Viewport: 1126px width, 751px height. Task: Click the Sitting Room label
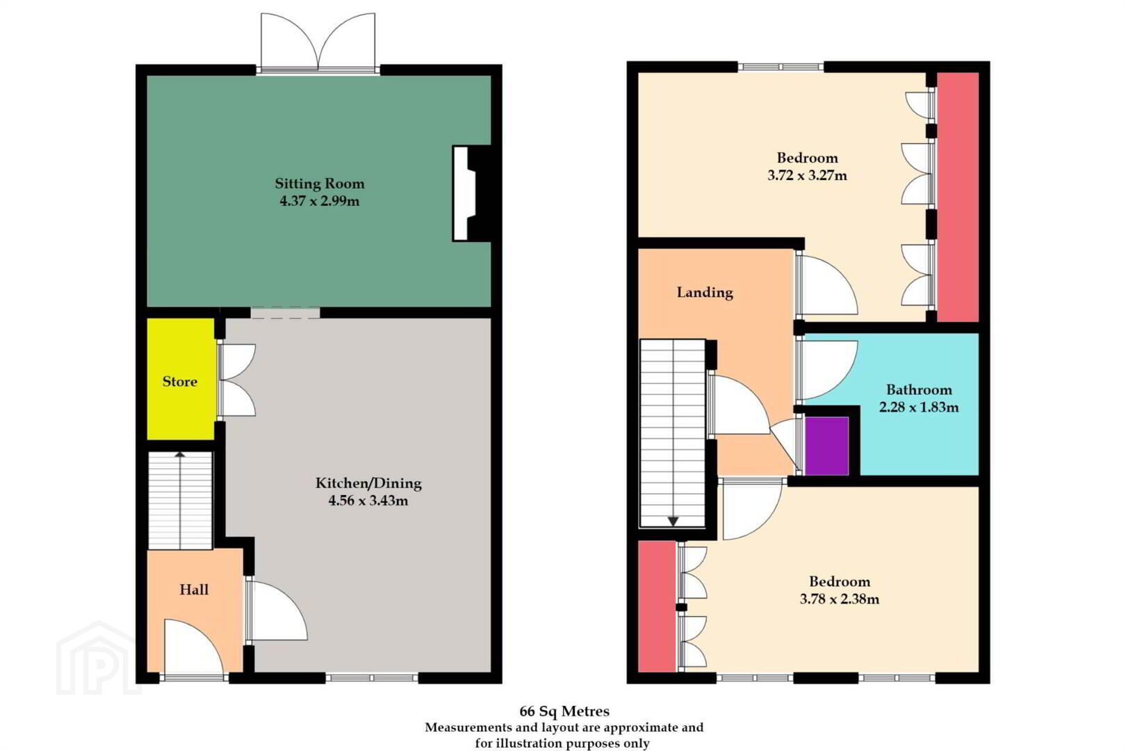point(319,184)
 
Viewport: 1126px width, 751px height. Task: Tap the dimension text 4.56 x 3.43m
point(368,501)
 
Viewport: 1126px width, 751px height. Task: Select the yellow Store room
point(181,379)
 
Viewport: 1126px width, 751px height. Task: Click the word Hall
point(194,590)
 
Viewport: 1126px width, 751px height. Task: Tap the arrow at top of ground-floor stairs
point(180,455)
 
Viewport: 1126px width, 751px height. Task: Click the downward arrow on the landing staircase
point(673,521)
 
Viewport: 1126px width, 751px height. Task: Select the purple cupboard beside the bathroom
point(827,446)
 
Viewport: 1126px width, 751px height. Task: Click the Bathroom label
point(919,390)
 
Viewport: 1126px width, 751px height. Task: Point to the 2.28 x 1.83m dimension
point(919,407)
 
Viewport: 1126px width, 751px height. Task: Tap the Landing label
point(705,292)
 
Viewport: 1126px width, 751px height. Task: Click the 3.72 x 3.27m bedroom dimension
point(807,175)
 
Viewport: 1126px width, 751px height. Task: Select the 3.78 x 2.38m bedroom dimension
point(840,599)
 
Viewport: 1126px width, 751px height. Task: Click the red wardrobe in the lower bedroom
point(657,606)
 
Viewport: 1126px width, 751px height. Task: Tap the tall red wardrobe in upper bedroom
point(958,197)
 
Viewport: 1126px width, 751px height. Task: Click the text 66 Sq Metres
point(564,711)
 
